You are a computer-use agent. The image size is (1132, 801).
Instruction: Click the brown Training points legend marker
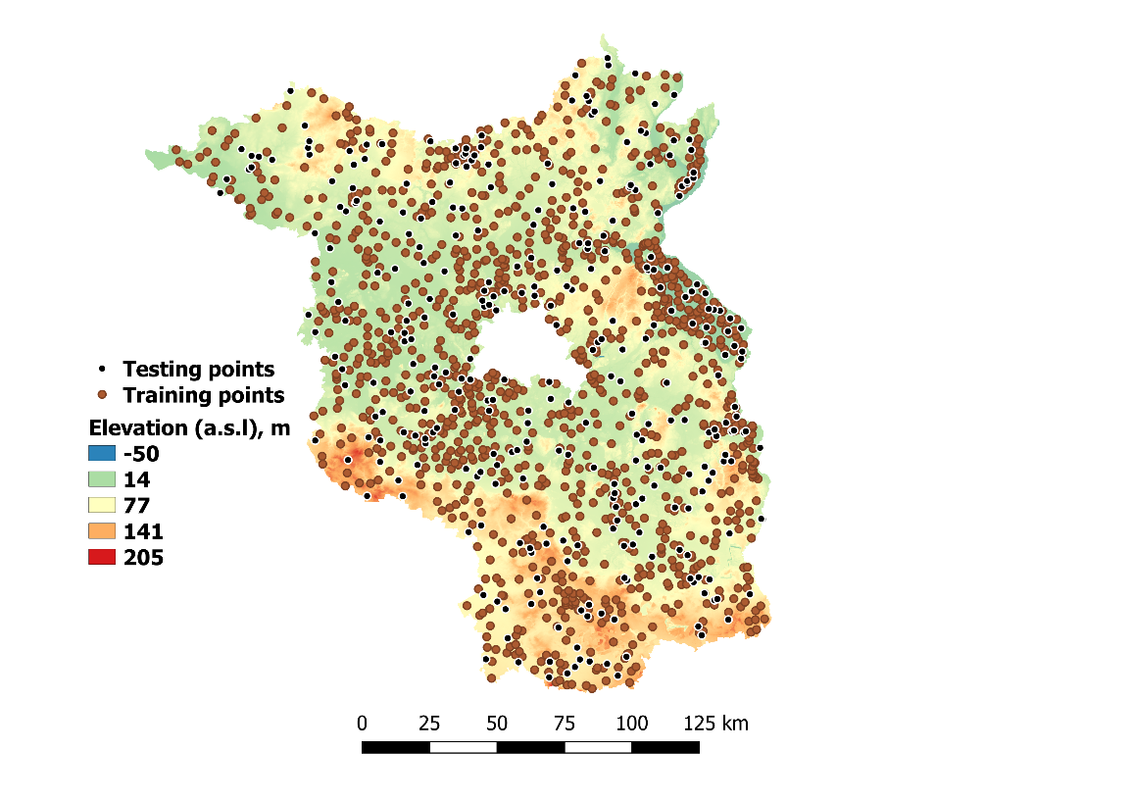pyautogui.click(x=103, y=396)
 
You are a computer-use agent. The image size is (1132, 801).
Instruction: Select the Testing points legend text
pyautogui.click(x=198, y=370)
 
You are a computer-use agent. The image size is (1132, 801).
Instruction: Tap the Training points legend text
pyautogui.click(x=203, y=395)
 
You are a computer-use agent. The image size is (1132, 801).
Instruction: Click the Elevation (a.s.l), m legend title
pyautogui.click(x=189, y=428)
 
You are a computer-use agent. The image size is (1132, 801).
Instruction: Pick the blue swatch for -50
pyautogui.click(x=102, y=454)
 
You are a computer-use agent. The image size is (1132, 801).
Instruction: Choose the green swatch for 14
pyautogui.click(x=102, y=480)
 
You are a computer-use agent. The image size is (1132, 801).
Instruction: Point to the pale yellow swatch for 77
pyautogui.click(x=102, y=506)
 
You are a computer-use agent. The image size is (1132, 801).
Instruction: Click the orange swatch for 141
pyautogui.click(x=102, y=532)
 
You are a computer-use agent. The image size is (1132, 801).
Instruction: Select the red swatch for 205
pyautogui.click(x=102, y=558)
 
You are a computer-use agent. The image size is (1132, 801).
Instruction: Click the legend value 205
pyautogui.click(x=143, y=558)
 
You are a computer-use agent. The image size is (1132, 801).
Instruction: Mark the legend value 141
pyautogui.click(x=143, y=532)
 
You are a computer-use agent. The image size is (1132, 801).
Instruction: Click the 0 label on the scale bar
pyautogui.click(x=362, y=725)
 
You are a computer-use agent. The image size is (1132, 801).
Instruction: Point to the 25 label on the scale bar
pyautogui.click(x=429, y=725)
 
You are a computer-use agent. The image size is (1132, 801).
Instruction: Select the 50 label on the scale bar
pyautogui.click(x=497, y=725)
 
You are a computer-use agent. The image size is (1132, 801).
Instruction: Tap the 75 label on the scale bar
pyautogui.click(x=565, y=725)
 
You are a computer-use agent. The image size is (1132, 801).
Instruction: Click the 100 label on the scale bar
pyautogui.click(x=632, y=725)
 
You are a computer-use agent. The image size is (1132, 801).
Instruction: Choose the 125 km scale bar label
pyautogui.click(x=716, y=725)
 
